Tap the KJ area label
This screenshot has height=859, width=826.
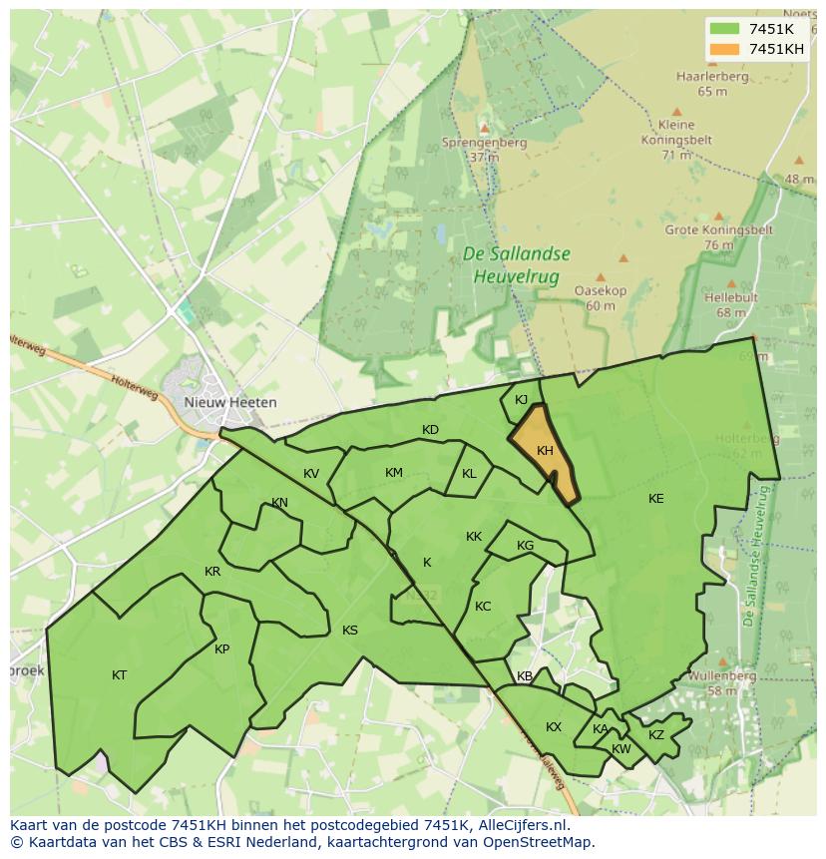[x=521, y=400]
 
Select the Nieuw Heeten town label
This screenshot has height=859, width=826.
[x=230, y=402]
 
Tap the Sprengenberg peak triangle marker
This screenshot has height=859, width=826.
[x=485, y=128]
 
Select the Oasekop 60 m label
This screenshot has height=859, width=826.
[x=601, y=297]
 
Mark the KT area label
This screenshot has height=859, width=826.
[x=120, y=675]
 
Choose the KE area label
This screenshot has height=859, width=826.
[x=655, y=499]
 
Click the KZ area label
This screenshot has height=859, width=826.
[x=655, y=735]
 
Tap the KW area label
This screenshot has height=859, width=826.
[x=621, y=749]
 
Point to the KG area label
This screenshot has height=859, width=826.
[x=526, y=546]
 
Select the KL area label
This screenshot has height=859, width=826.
[x=469, y=474]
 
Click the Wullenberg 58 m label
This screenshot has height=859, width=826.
[x=721, y=682]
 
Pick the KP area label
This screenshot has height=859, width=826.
[x=221, y=649]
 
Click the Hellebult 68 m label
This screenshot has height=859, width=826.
[x=730, y=304]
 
